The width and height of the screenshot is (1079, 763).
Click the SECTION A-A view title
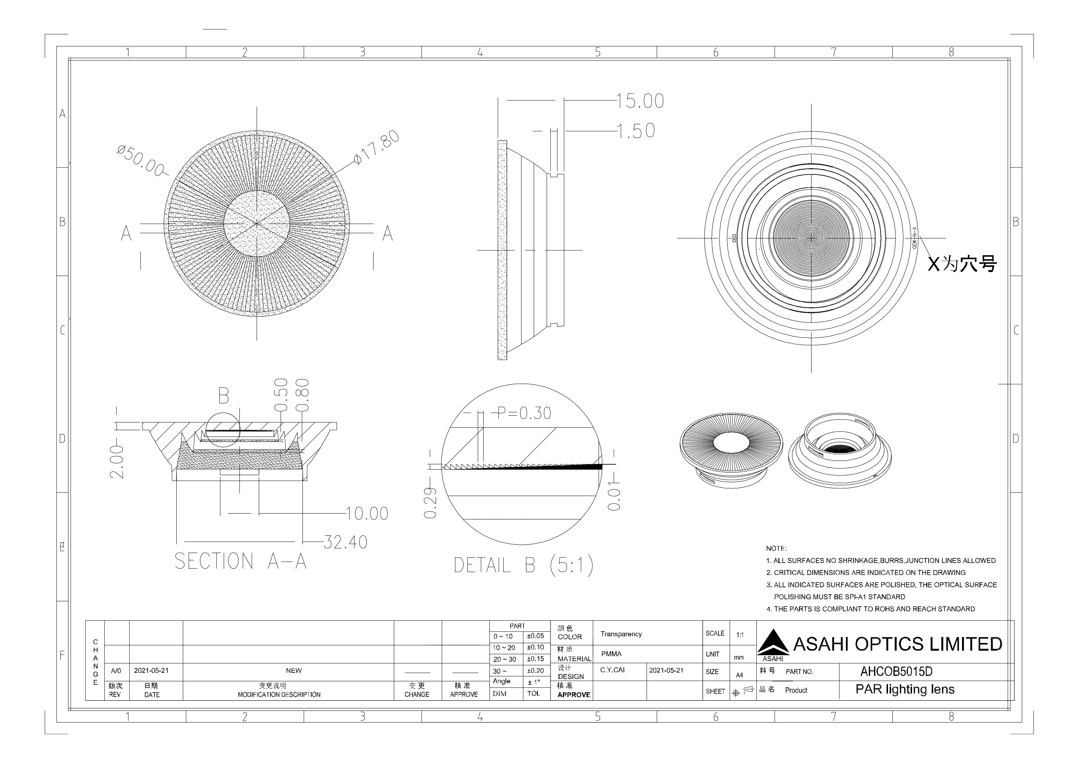240,561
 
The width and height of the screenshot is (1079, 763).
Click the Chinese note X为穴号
962,264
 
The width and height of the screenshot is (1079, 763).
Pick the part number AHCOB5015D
896,672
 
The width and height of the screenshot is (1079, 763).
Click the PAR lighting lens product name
905,690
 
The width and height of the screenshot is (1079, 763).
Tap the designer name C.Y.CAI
612,670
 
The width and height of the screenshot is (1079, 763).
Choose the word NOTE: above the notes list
776,549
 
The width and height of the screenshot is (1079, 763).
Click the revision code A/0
116,671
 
